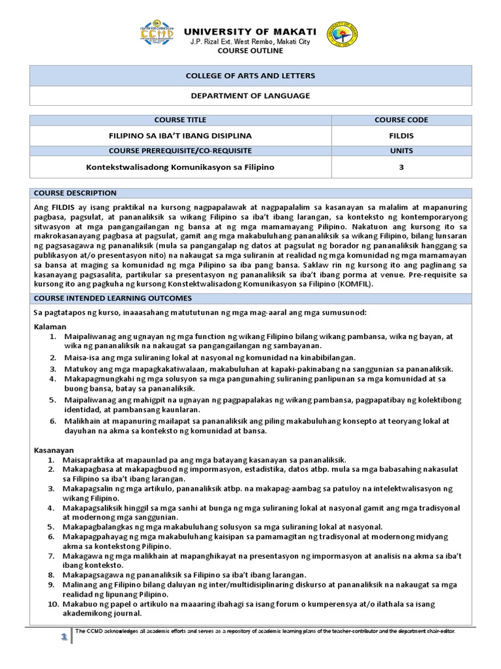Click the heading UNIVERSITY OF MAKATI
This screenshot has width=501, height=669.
point(250,31)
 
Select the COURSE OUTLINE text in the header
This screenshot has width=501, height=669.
point(250,50)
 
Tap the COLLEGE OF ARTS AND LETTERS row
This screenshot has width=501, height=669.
point(250,76)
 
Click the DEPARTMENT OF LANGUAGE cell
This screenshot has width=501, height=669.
point(250,95)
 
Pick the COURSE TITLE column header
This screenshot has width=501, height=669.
point(180,120)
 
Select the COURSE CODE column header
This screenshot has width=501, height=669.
point(401,120)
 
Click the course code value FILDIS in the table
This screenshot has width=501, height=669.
point(401,136)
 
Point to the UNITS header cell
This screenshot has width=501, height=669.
point(401,151)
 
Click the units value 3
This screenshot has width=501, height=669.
point(401,167)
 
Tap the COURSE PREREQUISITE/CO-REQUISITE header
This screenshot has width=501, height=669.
point(180,151)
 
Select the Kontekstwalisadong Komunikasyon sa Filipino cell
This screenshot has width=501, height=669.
point(180,167)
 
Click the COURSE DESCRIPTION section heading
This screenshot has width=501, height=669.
point(75,193)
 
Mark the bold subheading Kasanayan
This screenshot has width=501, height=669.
point(53,450)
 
